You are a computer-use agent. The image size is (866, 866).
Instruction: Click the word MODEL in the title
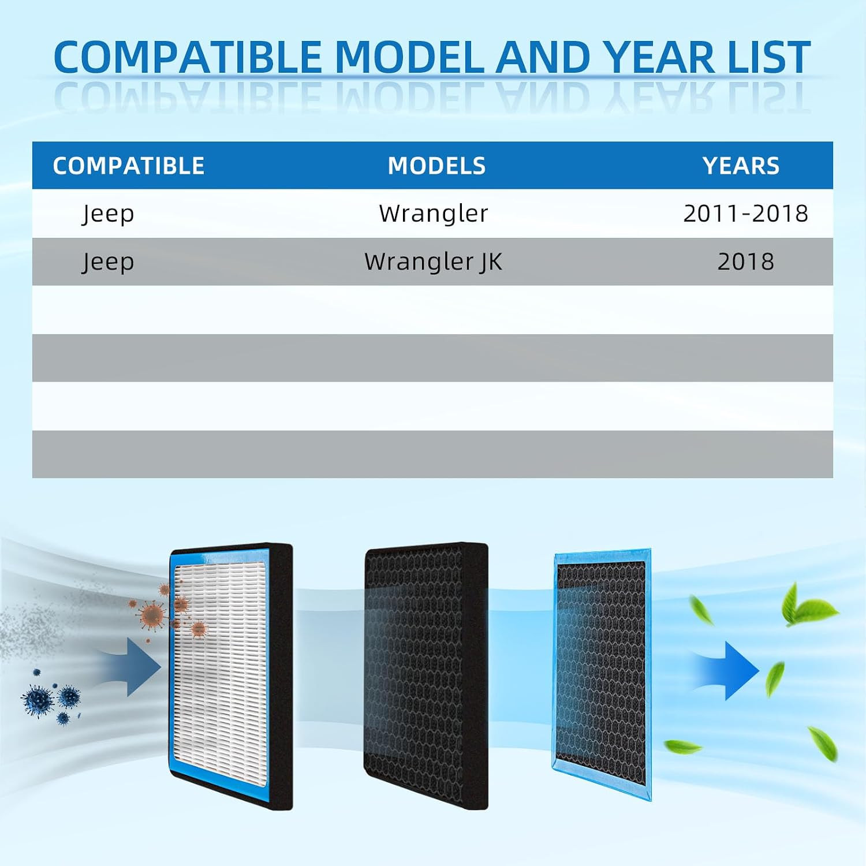[409, 57]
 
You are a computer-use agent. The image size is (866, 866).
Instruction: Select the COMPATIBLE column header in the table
[129, 166]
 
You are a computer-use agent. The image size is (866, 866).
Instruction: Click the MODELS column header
[436, 166]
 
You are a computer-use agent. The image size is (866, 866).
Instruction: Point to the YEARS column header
[741, 166]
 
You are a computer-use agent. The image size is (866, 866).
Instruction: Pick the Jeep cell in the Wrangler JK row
[108, 262]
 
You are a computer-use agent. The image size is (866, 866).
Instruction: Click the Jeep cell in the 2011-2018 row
[108, 214]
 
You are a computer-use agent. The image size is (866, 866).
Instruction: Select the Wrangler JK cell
[433, 262]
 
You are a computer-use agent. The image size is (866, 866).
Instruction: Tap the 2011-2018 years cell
[745, 213]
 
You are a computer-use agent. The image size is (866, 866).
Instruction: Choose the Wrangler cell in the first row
[433, 214]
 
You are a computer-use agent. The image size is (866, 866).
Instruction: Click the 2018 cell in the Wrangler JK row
[745, 262]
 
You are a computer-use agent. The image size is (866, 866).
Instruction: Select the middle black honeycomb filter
[426, 675]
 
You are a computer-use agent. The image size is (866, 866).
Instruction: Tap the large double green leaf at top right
[807, 606]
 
